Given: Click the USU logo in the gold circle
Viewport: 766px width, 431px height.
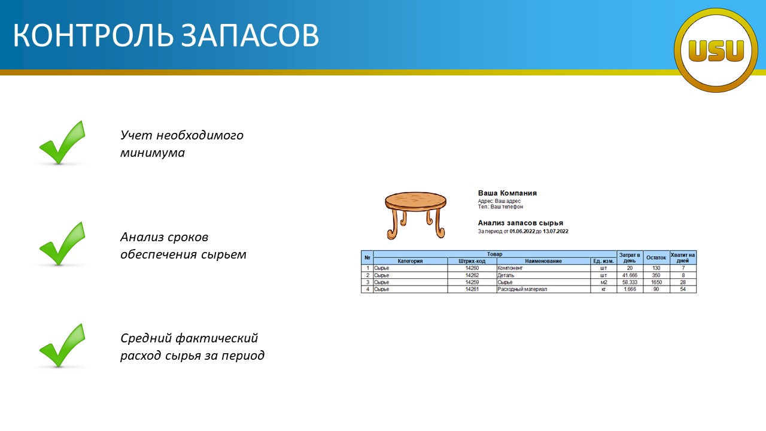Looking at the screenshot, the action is point(716,50).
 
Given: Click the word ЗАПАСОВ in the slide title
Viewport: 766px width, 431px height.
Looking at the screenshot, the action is point(250,35).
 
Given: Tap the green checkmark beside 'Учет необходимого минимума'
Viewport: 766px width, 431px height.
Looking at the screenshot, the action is point(62,142).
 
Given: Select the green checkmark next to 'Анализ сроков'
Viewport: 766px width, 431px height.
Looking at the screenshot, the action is point(62,244).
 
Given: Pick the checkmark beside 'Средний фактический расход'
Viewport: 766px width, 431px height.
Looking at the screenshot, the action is point(62,345).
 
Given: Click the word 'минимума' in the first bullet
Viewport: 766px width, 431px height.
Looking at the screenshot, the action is point(153,153).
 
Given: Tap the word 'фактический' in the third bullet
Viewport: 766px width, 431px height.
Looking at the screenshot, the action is point(217,338).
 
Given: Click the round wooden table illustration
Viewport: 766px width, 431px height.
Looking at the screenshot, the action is point(415,215).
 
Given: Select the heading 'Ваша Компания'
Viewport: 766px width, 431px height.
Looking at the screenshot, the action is point(507,193).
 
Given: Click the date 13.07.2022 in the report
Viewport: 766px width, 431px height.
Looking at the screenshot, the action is point(555,231).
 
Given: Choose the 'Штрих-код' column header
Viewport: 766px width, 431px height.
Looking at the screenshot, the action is point(472,261).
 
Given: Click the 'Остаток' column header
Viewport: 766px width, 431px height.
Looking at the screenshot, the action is point(656,257).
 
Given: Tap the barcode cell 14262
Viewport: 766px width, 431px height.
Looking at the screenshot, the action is point(472,275).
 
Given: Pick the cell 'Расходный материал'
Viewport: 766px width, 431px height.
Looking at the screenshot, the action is point(522,289).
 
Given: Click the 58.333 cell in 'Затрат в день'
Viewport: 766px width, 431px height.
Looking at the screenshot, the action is point(630,282).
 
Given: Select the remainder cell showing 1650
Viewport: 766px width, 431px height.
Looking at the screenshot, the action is point(656,282).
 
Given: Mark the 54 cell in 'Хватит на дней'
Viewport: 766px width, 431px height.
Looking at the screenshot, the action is point(683,289).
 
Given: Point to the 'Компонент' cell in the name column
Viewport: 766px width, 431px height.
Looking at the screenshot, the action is point(510,268).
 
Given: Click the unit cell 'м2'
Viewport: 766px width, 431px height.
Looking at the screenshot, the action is point(604,282).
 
